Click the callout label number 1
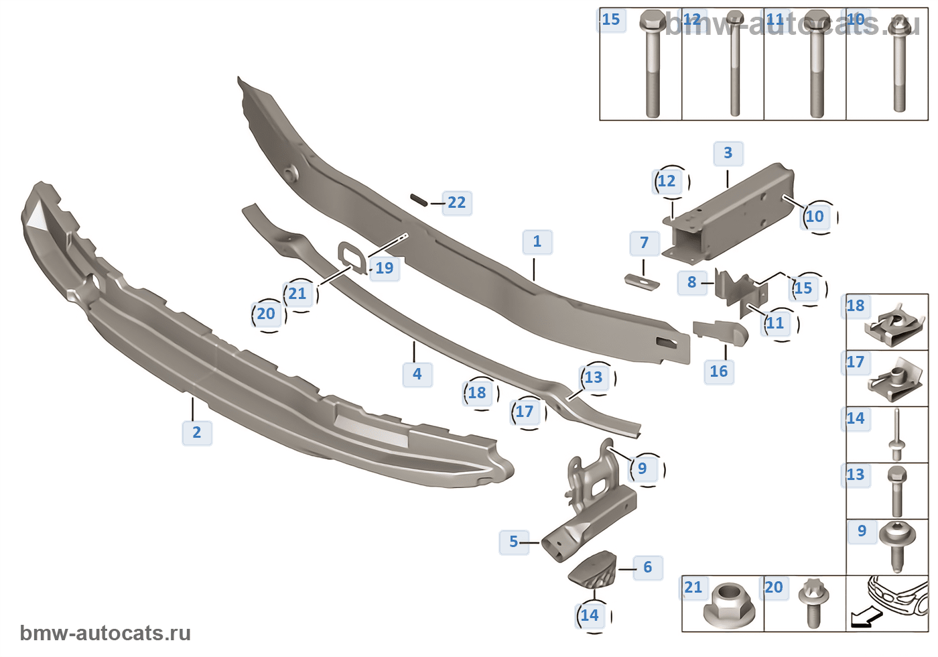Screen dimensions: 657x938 [537, 242]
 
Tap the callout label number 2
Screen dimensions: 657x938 [197, 432]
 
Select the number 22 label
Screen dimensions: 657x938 [457, 202]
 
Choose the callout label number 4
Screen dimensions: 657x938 [417, 374]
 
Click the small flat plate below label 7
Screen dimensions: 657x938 [642, 282]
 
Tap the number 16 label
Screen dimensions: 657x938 [719, 371]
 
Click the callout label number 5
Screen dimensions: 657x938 [514, 542]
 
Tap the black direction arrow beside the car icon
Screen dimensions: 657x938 [862, 618]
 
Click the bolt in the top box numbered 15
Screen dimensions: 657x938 [652, 64]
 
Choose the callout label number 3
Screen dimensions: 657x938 [728, 154]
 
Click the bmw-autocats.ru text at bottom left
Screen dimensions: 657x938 [105, 633]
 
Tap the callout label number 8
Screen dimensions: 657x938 [692, 282]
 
